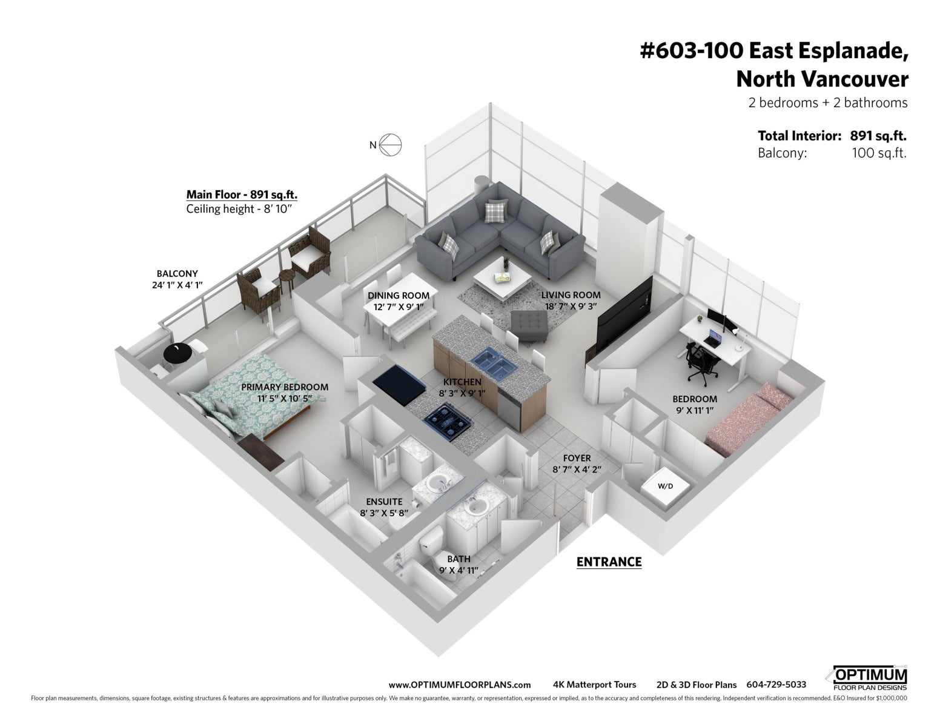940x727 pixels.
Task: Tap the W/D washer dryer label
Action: [x=665, y=486]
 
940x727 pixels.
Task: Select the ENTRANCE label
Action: [x=609, y=562]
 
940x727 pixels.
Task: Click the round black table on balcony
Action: [x=177, y=354]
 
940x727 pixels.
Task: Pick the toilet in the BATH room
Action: [x=437, y=548]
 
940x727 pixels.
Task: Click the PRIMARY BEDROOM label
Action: [x=285, y=387]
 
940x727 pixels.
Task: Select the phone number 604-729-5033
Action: [x=776, y=685]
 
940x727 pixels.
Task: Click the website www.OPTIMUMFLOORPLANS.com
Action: [x=460, y=685]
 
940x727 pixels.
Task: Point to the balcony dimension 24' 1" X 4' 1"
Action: [x=177, y=285]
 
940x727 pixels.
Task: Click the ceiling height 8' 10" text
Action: [x=239, y=209]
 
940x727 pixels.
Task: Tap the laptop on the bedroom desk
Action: [x=712, y=338]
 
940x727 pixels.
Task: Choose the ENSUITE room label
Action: [x=384, y=502]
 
